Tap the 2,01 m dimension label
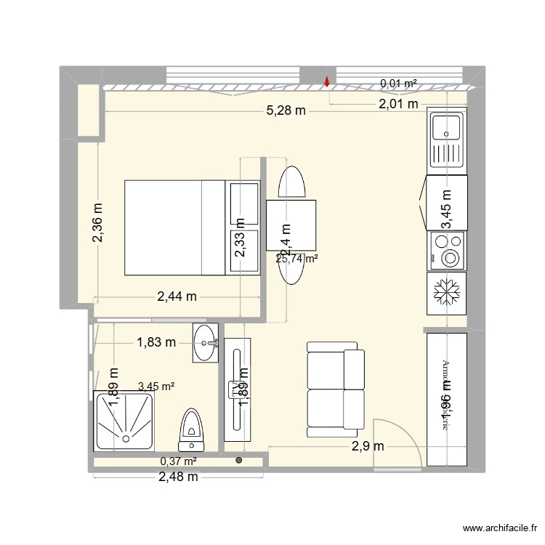click(x=398, y=104)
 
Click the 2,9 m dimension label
click(x=368, y=445)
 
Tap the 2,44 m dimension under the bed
click(x=177, y=296)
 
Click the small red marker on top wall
click(x=327, y=82)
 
